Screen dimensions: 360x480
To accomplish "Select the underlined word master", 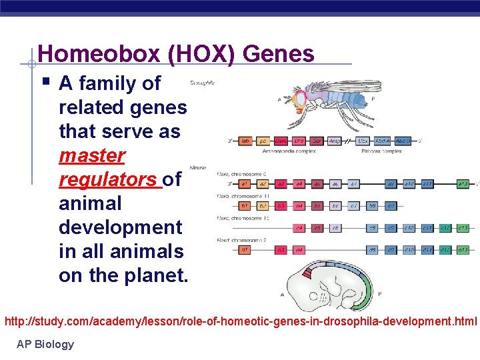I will (92, 155).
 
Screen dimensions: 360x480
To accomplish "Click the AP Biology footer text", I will (45, 344).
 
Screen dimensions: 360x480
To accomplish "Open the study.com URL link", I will (241, 321).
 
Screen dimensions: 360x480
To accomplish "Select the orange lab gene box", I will (245, 141).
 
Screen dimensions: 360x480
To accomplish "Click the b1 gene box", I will (245, 205).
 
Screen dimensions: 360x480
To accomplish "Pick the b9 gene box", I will (372, 205).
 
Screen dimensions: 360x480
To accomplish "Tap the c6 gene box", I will (336, 228).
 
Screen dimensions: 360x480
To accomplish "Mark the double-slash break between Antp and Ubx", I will (349, 141).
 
